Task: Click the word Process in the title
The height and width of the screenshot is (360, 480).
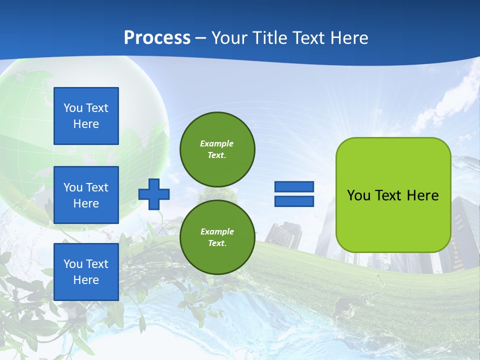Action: tap(157, 37)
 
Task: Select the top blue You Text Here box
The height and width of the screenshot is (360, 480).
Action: tap(86, 116)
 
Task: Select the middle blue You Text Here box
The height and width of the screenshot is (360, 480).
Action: tap(86, 195)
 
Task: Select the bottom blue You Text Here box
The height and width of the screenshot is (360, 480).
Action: tap(86, 272)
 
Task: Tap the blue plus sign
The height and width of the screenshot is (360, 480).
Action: tap(154, 193)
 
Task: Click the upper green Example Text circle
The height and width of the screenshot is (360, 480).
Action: tap(217, 149)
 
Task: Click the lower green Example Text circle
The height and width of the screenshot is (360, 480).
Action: tap(217, 237)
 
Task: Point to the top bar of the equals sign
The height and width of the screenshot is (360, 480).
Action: tap(294, 187)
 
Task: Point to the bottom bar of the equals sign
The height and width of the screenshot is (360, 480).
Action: tap(294, 201)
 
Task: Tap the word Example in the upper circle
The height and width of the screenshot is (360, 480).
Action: tap(217, 143)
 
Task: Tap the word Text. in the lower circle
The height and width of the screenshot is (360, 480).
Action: tap(217, 243)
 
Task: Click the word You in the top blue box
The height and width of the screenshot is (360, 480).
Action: tap(73, 108)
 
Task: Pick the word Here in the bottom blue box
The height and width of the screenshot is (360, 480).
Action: tap(86, 280)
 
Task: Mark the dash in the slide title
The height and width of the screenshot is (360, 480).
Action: tap(201, 38)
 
